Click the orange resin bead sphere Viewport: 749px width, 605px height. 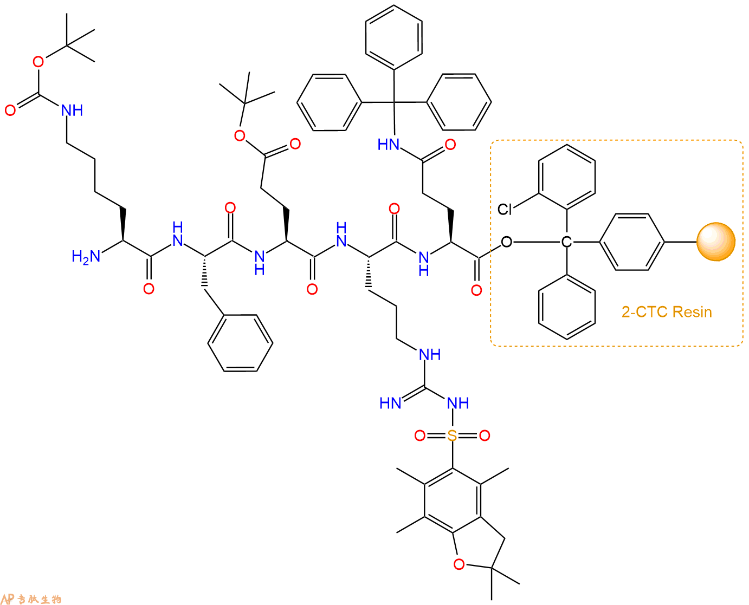[716, 242]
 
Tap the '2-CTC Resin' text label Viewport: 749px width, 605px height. [667, 312]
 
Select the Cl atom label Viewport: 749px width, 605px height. [505, 210]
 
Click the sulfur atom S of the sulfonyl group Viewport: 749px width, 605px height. [452, 435]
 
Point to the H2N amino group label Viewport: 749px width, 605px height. [86, 257]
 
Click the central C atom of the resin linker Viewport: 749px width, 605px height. [566, 242]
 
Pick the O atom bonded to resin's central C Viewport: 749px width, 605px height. [506, 242]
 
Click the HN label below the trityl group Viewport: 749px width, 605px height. [388, 145]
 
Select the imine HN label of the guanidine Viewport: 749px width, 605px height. [390, 403]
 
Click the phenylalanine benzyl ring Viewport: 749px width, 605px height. [240, 343]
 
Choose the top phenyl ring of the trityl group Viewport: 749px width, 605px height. [394, 37]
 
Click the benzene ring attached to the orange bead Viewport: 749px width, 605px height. [632, 242]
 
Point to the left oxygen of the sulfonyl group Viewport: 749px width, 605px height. [419, 435]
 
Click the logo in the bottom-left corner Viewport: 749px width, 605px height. [31, 599]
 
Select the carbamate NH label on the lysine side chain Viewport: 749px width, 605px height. [72, 110]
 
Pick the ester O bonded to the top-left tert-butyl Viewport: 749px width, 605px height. [38, 62]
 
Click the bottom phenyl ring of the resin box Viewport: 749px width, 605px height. [566, 307]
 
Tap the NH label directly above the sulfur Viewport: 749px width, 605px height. [458, 403]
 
